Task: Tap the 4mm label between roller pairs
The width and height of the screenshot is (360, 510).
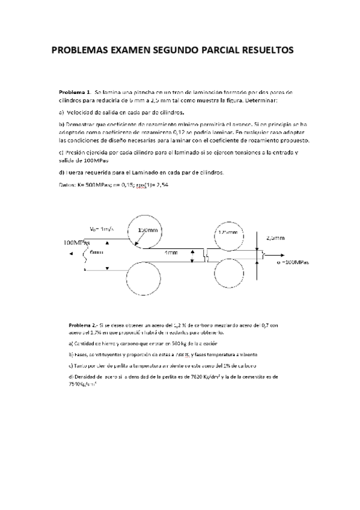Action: tap(171, 253)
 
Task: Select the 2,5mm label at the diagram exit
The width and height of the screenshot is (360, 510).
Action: tap(275, 238)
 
